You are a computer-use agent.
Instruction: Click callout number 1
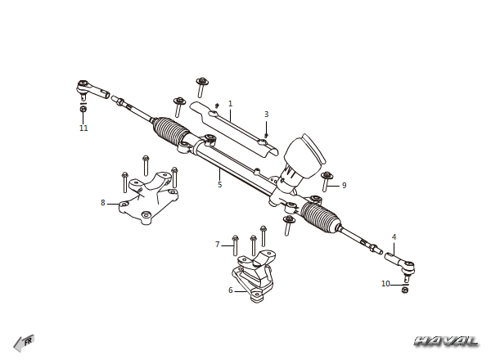click(231, 104)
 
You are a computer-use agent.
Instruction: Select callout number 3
click(267, 115)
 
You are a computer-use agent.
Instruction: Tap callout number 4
click(394, 237)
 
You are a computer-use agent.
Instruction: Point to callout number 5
click(220, 185)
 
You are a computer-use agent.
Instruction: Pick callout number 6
click(231, 290)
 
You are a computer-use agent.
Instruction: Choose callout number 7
click(218, 244)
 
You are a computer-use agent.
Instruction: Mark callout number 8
click(103, 203)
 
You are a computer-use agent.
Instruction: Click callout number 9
click(345, 186)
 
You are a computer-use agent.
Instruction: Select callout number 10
click(385, 284)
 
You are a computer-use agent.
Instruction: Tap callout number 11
click(83, 128)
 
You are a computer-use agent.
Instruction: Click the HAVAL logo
click(447, 341)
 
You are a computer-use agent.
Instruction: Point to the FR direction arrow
click(24, 343)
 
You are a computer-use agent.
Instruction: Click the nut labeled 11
click(83, 109)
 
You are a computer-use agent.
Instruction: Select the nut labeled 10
click(404, 290)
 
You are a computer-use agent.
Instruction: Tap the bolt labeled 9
click(326, 182)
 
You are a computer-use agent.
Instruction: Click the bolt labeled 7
click(235, 245)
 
